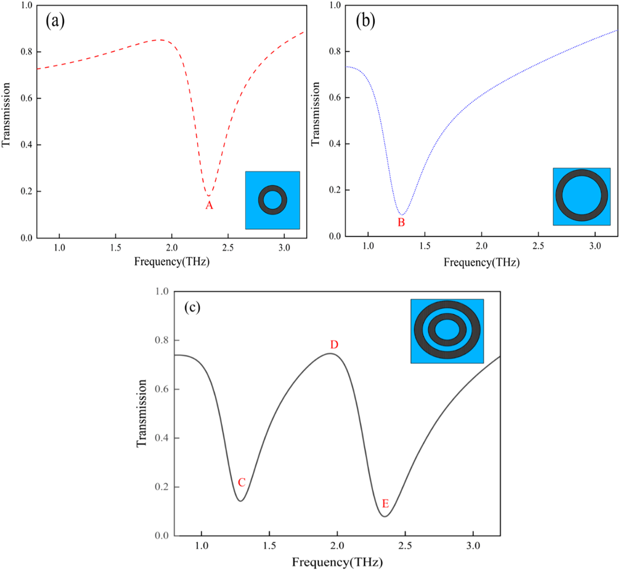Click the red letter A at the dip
[209, 205]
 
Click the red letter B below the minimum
[401, 223]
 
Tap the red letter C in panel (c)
[241, 482]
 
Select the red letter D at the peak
[334, 345]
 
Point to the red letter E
[385, 504]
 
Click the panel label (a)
[55, 22]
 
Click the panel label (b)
[365, 22]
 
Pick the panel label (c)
[192, 307]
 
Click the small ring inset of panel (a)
[273, 200]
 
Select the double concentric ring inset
[447, 331]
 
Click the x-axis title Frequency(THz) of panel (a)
[172, 262]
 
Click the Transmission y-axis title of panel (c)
[141, 414]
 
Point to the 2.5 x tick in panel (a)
[228, 248]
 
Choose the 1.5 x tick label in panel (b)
[425, 246]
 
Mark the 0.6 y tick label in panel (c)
[162, 389]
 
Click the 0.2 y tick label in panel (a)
[27, 191]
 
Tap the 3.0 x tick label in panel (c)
[473, 546]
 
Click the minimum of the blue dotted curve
[402, 214]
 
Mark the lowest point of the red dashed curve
[209, 196]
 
